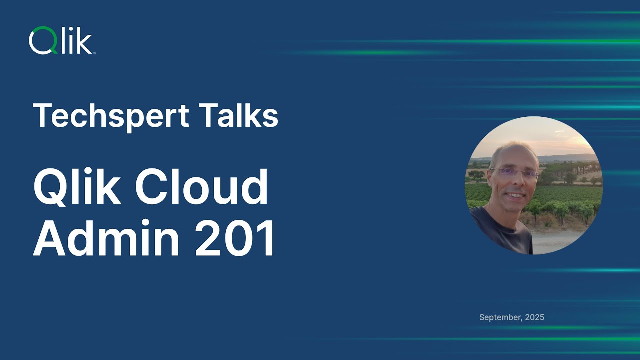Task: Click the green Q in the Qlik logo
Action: point(41,40)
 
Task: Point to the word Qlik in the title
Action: point(77,187)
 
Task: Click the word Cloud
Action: point(202,187)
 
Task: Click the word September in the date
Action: point(500,317)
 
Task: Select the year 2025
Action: point(535,317)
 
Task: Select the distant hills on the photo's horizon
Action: point(565,158)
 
